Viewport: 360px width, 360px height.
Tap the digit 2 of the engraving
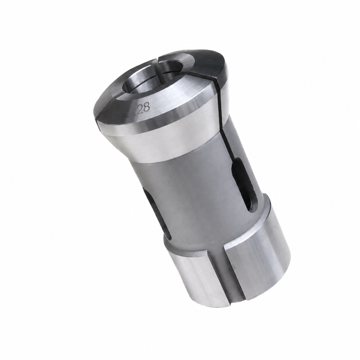(x=140, y=109)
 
